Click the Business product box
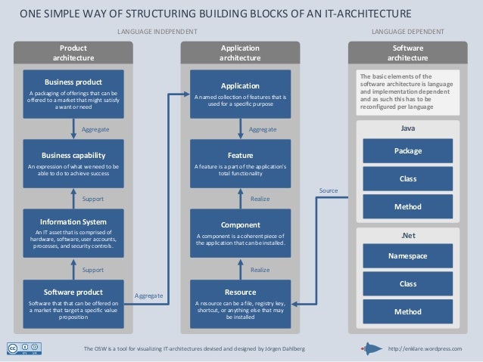pos(73,94)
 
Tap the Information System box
pos(73,233)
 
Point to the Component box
pos(240,233)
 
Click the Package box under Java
pos(408,151)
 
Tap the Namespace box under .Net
pos(408,256)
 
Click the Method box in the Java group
pos(408,206)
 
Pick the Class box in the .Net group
pos(408,283)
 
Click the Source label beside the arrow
pos(328,190)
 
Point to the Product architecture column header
pos(73,52)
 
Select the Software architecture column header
pos(407,52)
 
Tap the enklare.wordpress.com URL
pos(424,348)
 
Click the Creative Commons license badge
pos(23,348)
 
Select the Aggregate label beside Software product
pos(148,295)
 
